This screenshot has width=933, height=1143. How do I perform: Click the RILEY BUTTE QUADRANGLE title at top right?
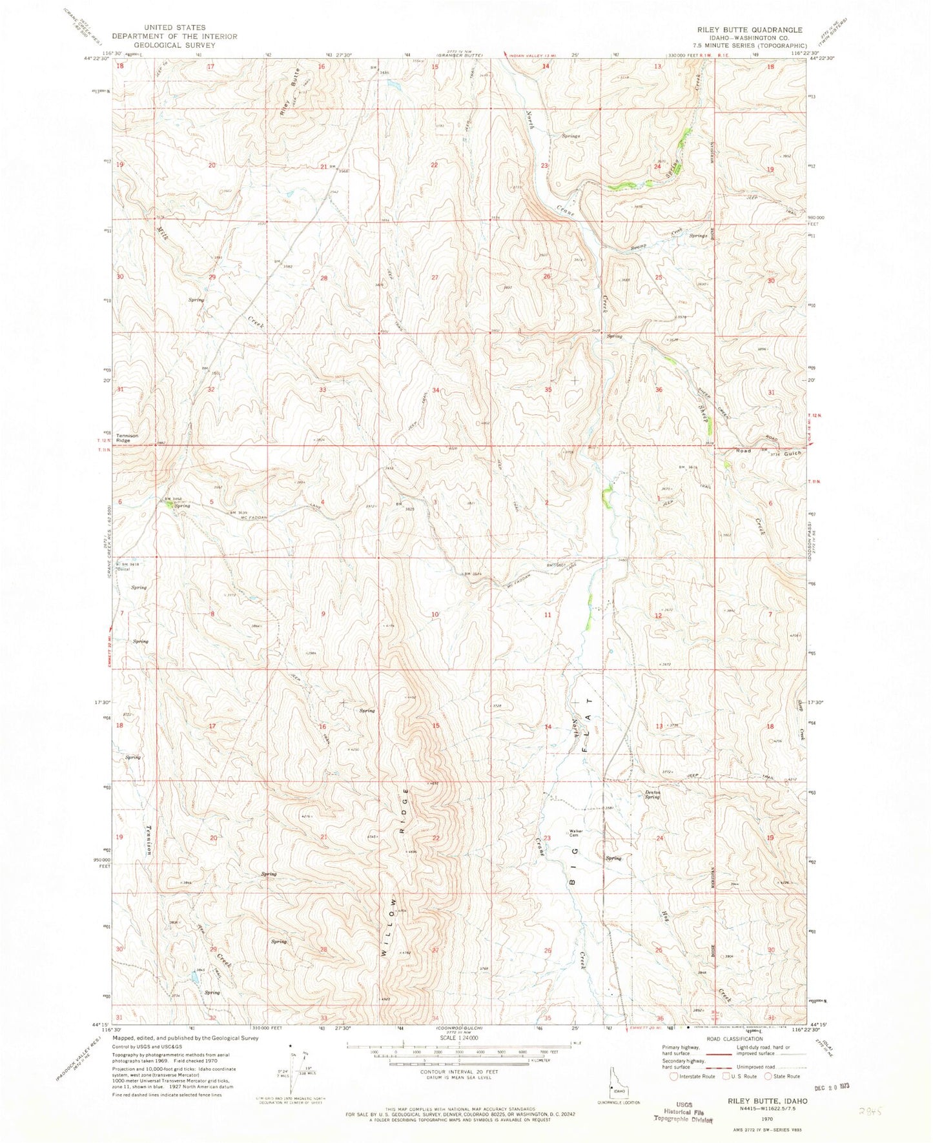[x=749, y=30]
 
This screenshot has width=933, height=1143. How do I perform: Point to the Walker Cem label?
[x=576, y=833]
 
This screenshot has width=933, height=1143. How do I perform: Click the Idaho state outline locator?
[x=616, y=1080]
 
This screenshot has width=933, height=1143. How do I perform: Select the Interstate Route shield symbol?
[x=675, y=1076]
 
